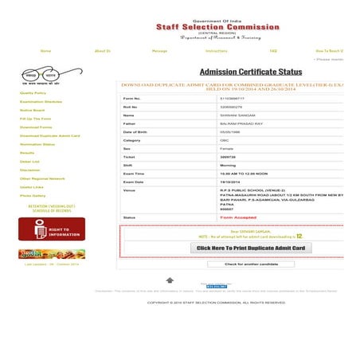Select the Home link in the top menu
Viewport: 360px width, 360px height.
pos(45,50)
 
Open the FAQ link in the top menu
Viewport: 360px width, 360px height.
pos(273,50)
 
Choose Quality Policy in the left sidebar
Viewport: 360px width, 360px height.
pos(33,93)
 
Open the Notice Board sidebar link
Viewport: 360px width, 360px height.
pos(32,110)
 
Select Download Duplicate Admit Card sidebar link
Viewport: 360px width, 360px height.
pos(49,135)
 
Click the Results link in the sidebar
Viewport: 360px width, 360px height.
pos(27,152)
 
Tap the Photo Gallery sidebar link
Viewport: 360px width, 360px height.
pos(33,195)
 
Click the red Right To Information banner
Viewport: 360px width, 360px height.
pos(52,229)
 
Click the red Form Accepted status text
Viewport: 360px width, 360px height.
pos(237,217)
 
